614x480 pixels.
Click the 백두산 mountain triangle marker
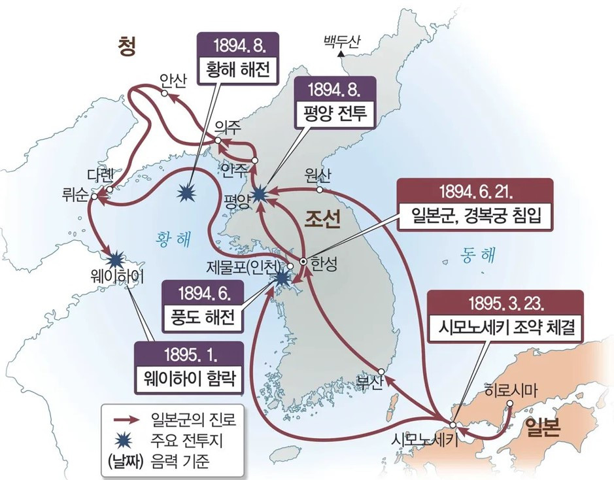pyautogui.click(x=341, y=56)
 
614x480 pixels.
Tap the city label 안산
pyautogui.click(x=173, y=80)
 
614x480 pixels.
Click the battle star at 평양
pyautogui.click(x=260, y=192)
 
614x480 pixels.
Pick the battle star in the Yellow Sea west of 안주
pyautogui.click(x=188, y=192)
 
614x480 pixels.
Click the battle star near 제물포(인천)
pyautogui.click(x=282, y=278)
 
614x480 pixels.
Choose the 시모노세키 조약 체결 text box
pyautogui.click(x=503, y=329)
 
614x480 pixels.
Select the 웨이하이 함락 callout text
pyautogui.click(x=183, y=379)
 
